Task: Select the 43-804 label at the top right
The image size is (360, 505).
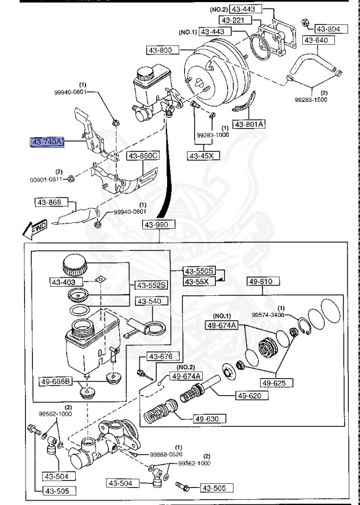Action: click(x=328, y=29)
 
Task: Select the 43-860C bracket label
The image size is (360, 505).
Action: click(x=143, y=156)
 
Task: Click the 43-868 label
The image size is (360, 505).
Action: click(x=49, y=202)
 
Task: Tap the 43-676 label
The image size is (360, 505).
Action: click(x=160, y=356)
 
